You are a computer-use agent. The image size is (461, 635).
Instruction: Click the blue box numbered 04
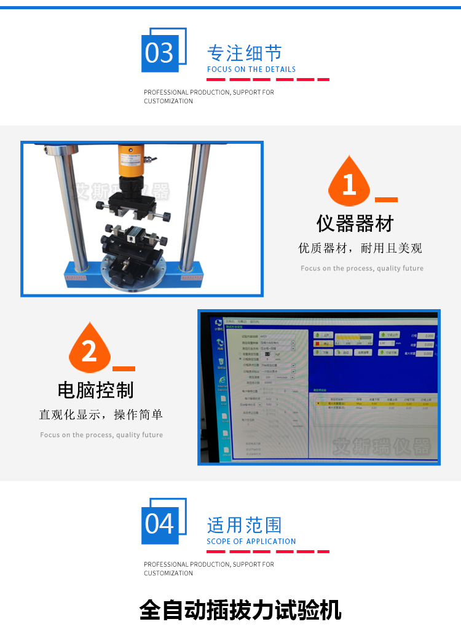click(x=160, y=524)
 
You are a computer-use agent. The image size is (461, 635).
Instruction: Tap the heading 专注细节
click(x=245, y=53)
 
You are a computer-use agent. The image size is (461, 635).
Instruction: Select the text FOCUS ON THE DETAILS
click(x=251, y=69)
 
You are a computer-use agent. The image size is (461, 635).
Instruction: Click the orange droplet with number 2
click(x=90, y=350)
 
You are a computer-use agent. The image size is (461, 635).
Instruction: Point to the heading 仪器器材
click(x=355, y=223)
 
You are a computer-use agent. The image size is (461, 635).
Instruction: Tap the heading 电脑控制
click(x=95, y=390)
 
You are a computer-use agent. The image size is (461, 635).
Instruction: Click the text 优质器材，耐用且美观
click(x=360, y=248)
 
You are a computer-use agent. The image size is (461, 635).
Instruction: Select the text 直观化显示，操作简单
click(x=101, y=415)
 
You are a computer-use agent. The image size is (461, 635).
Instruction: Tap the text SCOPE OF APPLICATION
click(x=251, y=542)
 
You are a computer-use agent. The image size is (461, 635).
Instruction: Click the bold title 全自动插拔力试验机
click(x=240, y=610)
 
